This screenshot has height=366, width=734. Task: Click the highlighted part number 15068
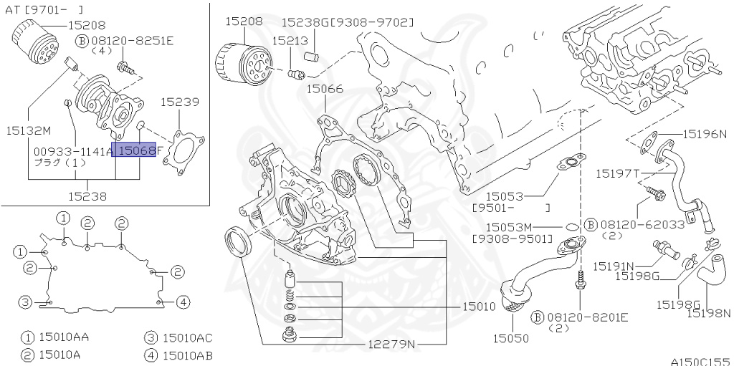point(136,150)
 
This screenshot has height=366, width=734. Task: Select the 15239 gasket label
point(179,102)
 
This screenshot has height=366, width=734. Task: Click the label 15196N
point(704,134)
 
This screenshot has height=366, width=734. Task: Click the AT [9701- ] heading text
point(45,9)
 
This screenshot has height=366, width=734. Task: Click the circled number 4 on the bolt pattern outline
point(183,302)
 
